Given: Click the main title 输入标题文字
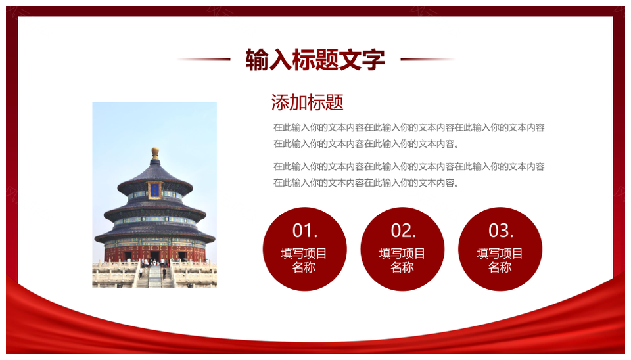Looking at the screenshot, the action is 315,60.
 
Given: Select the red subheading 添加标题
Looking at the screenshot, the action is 307,102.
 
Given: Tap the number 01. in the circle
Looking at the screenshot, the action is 304,231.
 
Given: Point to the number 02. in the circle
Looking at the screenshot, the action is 403,231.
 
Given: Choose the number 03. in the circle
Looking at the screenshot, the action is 501,231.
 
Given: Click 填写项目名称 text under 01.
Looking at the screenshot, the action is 304,260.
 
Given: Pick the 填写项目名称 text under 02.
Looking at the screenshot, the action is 402,260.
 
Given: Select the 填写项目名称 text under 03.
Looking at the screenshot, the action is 500,260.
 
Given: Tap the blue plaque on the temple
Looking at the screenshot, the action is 155,191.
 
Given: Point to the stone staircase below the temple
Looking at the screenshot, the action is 155,277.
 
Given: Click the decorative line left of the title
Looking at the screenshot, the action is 203,59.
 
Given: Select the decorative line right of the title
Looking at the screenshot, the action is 428,59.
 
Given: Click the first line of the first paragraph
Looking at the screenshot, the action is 409,127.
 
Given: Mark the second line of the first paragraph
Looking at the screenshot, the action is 366,144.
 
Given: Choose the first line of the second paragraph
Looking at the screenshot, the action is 409,166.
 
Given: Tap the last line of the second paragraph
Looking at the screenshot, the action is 366,183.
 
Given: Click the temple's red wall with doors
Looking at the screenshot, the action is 155,254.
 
